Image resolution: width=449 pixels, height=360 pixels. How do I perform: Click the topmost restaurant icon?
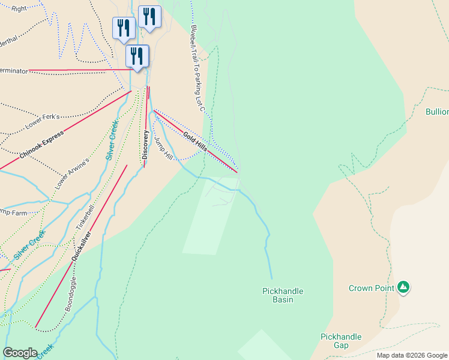coord(149,17)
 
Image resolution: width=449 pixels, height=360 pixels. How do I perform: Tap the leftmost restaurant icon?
coord(124,28)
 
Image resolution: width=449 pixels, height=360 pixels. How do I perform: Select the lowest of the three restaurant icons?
coord(137,56)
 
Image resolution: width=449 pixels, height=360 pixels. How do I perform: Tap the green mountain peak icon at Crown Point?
coord(404,287)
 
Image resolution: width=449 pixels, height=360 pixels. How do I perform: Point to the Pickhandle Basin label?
coord(283,295)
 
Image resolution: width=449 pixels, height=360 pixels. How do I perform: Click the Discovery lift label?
coord(145,145)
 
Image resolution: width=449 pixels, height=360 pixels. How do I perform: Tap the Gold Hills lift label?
coord(195,142)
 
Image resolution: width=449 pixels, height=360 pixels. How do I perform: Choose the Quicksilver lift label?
coord(81,245)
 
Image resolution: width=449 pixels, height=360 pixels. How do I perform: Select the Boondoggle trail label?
coord(71,293)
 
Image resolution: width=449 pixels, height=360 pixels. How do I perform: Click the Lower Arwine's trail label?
coord(72,174)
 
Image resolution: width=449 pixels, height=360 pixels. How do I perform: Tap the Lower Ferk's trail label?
coord(43,122)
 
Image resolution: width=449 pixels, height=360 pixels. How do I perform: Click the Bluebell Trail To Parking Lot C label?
coord(197,68)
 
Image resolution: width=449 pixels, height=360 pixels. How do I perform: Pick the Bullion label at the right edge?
coord(437,112)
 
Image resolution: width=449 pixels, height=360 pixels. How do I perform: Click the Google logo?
coord(20,353)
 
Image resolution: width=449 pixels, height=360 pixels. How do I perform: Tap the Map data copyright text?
coord(412,355)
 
